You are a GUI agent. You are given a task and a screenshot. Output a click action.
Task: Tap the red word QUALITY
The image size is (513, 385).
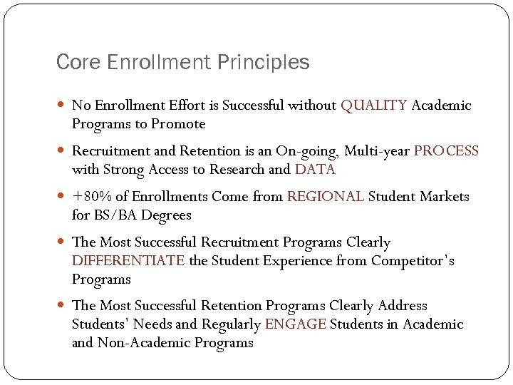coord(374,106)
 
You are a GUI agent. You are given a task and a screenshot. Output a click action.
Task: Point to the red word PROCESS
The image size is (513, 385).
coord(446,151)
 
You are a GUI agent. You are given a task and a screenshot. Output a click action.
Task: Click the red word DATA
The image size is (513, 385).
coord(314,170)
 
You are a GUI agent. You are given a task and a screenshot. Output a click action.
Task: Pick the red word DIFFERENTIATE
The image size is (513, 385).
coord(128,261)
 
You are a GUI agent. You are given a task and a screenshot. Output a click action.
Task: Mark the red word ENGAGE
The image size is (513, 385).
coord(296,324)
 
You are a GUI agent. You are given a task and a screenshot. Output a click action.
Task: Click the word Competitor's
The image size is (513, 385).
coord(413,261)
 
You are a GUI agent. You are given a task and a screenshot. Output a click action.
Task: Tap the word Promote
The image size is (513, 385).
coord(178,124)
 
